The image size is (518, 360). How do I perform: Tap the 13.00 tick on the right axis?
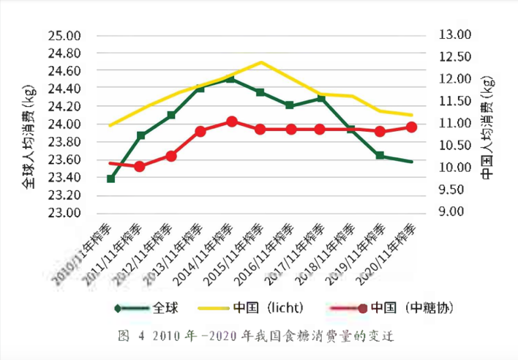click(454, 34)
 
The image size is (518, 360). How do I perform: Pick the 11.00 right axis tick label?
click(454, 124)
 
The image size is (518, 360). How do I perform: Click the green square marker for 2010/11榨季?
click(111, 179)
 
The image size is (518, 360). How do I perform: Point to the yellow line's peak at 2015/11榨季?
click(261, 62)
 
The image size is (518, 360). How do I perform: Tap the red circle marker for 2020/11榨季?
click(411, 127)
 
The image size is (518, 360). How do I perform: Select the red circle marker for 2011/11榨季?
click(140, 166)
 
